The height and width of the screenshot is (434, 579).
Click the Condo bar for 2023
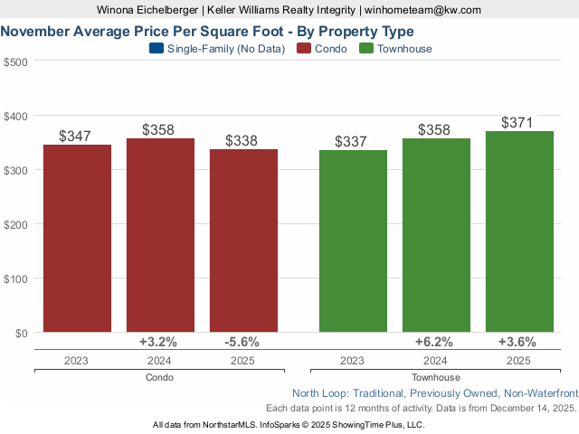[x=77, y=239]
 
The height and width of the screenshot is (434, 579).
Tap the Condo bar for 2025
[x=243, y=241]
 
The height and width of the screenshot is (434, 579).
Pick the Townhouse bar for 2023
[x=353, y=241]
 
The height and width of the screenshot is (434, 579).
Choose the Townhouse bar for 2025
[x=519, y=232]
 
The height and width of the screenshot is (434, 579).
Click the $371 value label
[x=519, y=122]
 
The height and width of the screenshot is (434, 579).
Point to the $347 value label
[x=76, y=136]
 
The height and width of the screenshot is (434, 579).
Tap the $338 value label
[x=242, y=140]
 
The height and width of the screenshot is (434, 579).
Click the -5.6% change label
[x=242, y=342]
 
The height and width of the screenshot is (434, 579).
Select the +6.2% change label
[x=435, y=342]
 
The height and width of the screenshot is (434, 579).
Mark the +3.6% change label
[x=518, y=342]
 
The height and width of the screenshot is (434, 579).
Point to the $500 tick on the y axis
[x=15, y=61]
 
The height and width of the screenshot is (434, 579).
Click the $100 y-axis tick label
[x=15, y=278]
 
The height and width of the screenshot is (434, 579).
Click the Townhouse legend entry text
[x=405, y=49]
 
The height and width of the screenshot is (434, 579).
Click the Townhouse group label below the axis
[x=435, y=377]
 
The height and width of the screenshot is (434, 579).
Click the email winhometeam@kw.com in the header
[x=422, y=9]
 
